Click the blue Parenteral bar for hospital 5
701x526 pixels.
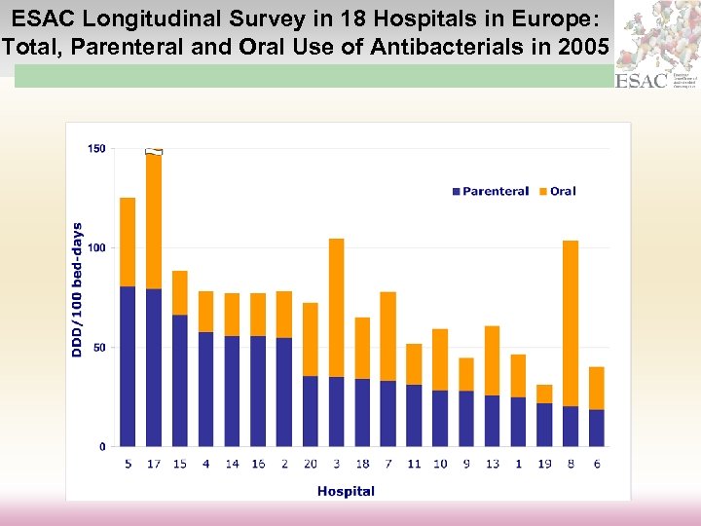[128, 366]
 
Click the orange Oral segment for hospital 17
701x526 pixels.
[154, 222]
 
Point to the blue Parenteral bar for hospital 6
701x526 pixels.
[596, 428]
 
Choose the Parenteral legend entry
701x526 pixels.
[491, 191]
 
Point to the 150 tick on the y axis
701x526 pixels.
[96, 149]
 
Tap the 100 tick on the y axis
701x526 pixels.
[96, 248]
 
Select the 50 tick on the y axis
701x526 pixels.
[99, 348]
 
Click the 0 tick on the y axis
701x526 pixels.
[103, 447]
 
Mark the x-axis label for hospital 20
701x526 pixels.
[310, 464]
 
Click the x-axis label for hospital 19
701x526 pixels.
[544, 464]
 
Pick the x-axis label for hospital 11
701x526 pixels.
[414, 464]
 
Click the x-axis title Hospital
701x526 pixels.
[346, 491]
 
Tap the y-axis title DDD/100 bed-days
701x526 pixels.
[78, 289]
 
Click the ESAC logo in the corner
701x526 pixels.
[643, 80]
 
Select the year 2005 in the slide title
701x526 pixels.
[586, 45]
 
